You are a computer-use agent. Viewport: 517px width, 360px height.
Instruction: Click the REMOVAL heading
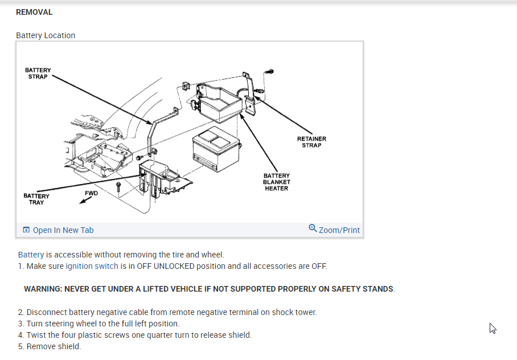(34, 12)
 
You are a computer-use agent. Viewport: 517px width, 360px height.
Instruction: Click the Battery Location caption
(46, 35)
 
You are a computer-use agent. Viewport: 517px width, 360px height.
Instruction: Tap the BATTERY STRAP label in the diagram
(38, 73)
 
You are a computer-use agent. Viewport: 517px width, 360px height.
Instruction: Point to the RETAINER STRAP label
(311, 142)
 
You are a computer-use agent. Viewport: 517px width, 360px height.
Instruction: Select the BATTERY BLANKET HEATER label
(276, 182)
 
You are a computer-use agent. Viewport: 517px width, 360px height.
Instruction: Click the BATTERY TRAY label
(36, 199)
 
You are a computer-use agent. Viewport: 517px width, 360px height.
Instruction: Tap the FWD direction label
(91, 194)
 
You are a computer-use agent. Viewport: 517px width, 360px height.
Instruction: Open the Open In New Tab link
(63, 230)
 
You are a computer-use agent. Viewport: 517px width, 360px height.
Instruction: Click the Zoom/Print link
(339, 230)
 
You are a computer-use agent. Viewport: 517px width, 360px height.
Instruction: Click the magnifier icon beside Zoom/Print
(313, 228)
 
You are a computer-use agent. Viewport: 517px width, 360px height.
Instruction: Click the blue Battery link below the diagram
(31, 255)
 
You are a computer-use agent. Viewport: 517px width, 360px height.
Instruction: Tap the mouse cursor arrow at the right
(493, 328)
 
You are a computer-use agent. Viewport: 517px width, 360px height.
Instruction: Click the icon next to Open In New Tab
(26, 230)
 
